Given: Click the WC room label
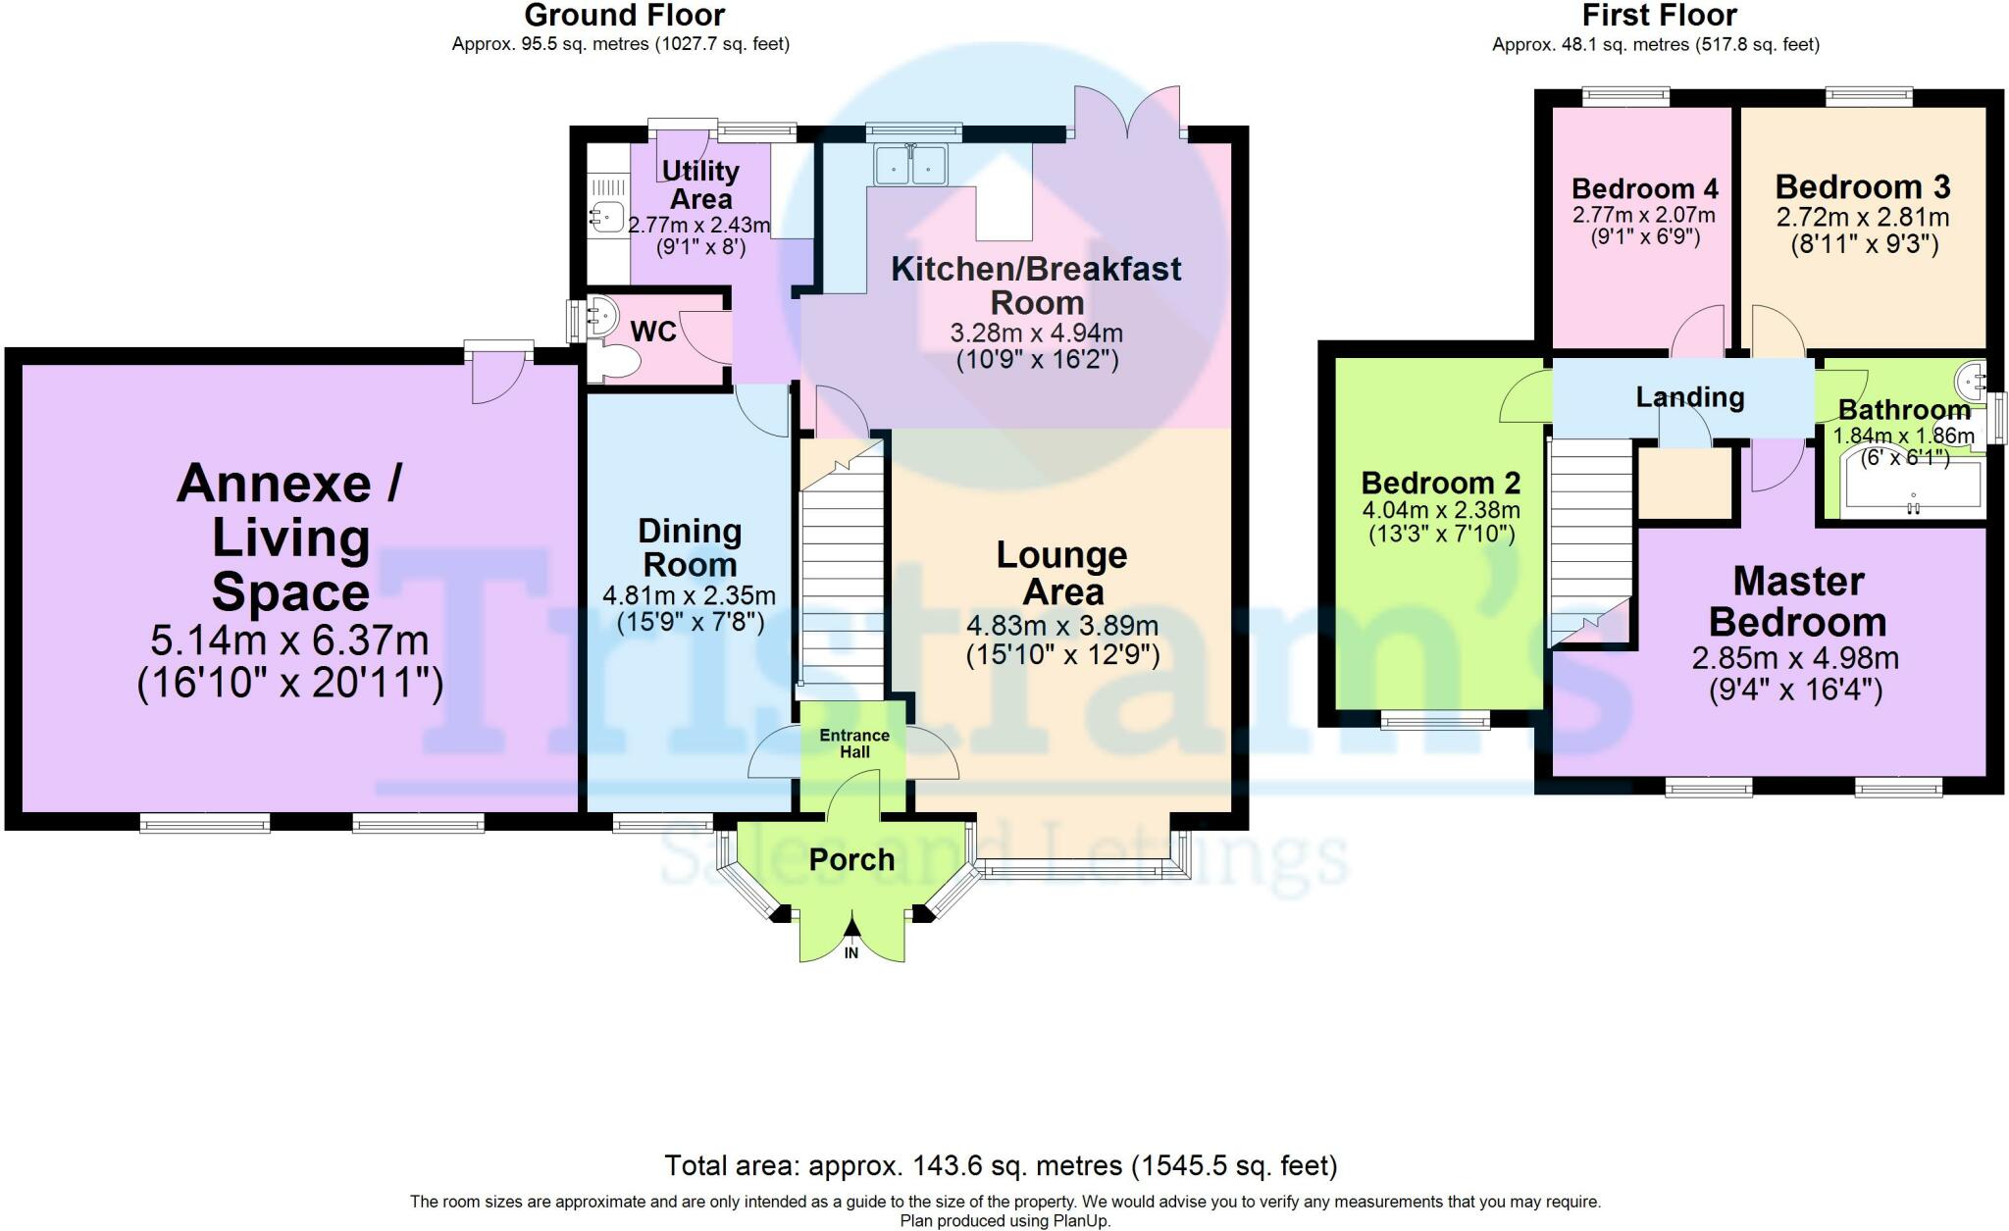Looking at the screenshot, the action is coord(653,332).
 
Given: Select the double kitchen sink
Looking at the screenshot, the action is coord(912,164).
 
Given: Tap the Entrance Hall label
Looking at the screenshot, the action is coord(854,744).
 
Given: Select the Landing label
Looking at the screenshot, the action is coord(1690,397).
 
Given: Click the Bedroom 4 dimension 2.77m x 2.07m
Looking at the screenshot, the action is coord(1644,215).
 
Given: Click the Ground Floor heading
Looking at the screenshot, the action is coord(625,16).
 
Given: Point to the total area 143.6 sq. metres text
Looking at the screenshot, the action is coord(1001,1166).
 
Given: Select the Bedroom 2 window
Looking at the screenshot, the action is coord(1435,722).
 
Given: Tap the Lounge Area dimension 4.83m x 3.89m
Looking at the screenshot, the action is coord(1062,626).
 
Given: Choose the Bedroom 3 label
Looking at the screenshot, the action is coord(1863,186).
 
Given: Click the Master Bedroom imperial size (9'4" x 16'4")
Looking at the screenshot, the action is coord(1795,691).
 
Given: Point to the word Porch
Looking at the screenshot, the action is coord(851,860).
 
